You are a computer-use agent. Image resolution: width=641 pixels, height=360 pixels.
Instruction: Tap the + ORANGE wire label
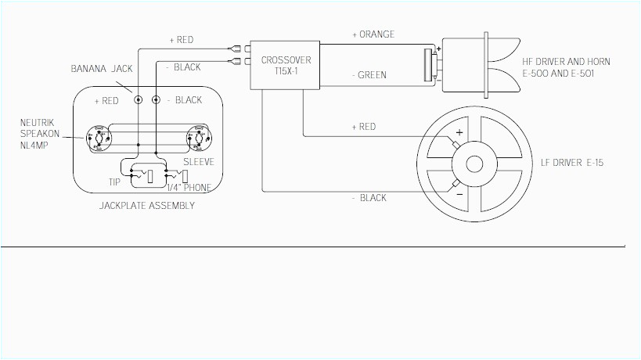373,34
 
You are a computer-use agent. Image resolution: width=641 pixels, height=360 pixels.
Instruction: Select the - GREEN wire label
370,75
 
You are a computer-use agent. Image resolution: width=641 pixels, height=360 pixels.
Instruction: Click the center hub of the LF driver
474,164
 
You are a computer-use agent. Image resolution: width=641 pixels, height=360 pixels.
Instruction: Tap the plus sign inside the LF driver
459,134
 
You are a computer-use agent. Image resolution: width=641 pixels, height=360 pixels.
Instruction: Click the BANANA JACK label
101,69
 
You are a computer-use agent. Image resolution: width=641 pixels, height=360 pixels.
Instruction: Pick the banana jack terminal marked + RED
139,100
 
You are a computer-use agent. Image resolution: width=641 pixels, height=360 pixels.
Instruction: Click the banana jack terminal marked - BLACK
156,100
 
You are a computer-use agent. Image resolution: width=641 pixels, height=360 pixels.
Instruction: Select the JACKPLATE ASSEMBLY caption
147,206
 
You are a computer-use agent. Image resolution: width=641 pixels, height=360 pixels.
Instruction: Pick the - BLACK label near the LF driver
370,198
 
